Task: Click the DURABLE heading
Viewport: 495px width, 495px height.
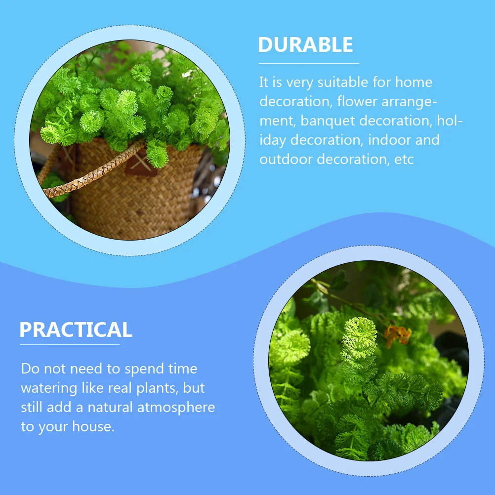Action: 305,45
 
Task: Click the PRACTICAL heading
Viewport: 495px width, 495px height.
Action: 76,330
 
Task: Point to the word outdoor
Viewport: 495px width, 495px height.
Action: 286,160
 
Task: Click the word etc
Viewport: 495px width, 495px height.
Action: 405,160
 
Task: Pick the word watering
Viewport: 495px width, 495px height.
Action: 46,388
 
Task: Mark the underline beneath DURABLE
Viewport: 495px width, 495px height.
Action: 308,63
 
